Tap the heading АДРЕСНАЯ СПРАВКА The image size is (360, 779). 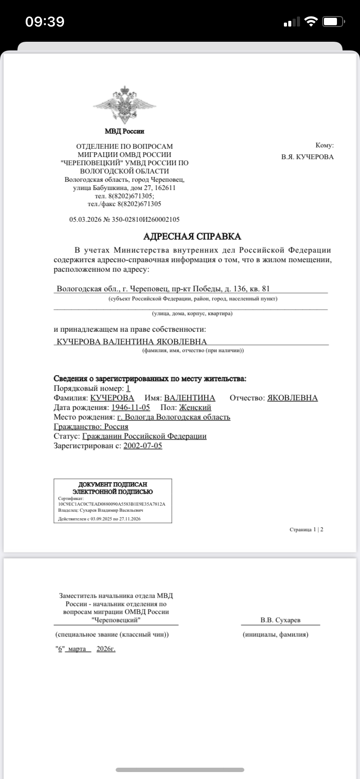click(192, 236)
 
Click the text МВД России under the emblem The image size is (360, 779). click(124, 131)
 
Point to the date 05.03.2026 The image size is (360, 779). click(85, 220)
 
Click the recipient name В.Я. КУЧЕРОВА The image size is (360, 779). click(307, 157)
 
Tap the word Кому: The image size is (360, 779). click(324, 146)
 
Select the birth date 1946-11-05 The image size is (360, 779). click(130, 407)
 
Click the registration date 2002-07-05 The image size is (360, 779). click(143, 446)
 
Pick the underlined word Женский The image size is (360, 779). click(195, 407)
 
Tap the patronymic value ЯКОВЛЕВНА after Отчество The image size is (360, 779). click(292, 398)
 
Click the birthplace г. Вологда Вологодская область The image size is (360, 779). click(173, 417)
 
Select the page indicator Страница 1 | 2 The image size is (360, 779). click(306, 529)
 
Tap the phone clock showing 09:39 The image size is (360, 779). click(45, 21)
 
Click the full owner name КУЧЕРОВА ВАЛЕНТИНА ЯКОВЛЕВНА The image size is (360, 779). click(132, 342)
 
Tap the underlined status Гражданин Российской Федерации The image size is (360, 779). click(144, 436)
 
